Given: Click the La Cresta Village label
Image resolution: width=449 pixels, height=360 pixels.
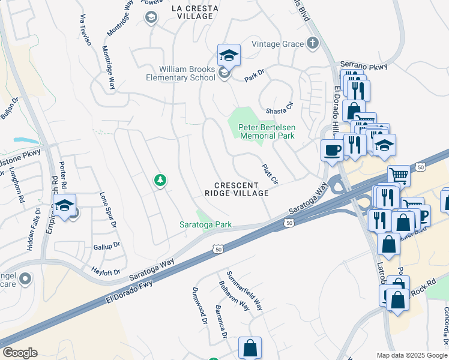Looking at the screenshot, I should click(x=192, y=12).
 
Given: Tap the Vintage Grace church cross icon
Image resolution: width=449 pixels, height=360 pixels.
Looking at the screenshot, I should click(x=312, y=43).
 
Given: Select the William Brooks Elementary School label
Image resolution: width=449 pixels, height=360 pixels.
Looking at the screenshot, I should click(x=181, y=73).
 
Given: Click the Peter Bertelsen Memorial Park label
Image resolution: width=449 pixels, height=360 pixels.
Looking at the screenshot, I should click(x=267, y=131).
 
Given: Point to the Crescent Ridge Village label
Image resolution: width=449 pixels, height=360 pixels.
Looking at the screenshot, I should click(x=236, y=189).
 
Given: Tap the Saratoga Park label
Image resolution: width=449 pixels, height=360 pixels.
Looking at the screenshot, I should click(x=206, y=225).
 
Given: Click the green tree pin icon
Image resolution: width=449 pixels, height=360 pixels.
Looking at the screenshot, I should click(x=160, y=179).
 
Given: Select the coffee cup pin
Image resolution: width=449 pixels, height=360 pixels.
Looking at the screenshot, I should click(x=332, y=150).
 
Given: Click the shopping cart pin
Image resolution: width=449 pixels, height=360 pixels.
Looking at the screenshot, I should click(x=399, y=176).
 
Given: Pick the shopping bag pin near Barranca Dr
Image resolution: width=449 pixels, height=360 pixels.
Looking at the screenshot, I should click(x=250, y=348).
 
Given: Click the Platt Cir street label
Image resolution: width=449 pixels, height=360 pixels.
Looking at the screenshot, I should click(x=270, y=175).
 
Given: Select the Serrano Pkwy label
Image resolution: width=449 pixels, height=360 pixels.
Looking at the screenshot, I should click(x=364, y=65).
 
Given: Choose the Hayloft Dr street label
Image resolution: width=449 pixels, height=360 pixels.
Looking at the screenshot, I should click(x=106, y=272).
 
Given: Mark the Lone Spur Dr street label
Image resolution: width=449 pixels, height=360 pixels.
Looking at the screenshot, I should click(x=107, y=209).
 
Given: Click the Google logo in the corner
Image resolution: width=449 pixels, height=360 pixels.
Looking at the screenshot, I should click(x=20, y=353).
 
